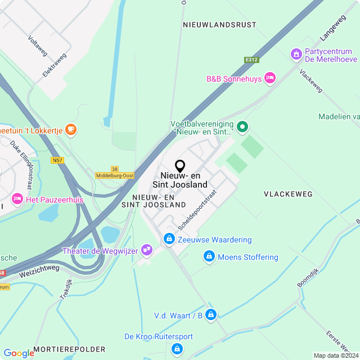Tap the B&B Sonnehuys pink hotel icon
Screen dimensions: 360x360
click(270, 78)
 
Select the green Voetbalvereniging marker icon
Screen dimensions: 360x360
click(242, 127)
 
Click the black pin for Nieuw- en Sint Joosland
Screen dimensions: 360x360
click(180, 166)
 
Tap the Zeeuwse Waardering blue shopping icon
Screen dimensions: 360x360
click(168, 240)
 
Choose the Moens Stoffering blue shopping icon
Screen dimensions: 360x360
click(209, 257)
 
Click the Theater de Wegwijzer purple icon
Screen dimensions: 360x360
click(147, 249)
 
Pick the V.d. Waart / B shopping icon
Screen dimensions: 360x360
click(211, 314)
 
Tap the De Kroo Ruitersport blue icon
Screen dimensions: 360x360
click(177, 349)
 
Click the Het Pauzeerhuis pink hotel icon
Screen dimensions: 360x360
click(17, 199)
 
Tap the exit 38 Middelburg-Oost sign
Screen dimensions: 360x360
click(115, 172)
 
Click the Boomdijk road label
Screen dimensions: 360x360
click(308, 278)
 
